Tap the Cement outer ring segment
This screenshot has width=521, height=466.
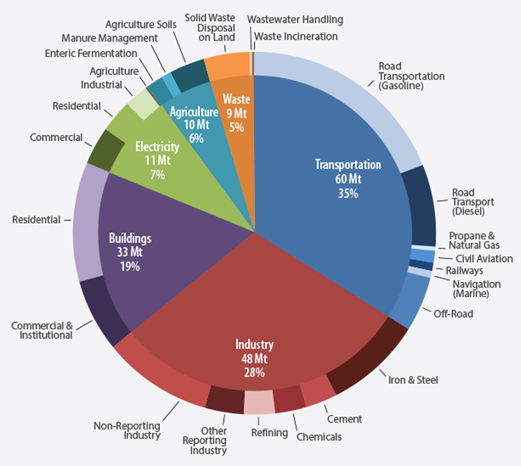[318, 391]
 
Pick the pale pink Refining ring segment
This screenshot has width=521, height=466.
[259, 402]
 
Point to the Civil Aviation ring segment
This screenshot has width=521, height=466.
[423, 256]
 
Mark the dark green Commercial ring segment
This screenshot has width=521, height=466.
[106, 150]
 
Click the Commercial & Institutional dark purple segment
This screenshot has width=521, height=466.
[105, 310]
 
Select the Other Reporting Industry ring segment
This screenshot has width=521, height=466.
[225, 399]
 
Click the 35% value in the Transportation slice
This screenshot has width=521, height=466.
[348, 193]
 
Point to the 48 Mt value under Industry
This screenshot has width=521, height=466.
[254, 358]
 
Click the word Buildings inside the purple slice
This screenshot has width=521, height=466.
[130, 238]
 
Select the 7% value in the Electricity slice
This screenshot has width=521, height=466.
[157, 175]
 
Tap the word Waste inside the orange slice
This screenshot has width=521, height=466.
[236, 99]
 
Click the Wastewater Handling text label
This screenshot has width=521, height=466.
[295, 20]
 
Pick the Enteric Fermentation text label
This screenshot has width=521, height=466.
[91, 53]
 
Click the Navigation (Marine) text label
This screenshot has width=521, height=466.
[477, 288]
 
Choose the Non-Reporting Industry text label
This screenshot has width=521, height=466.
[127, 431]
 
